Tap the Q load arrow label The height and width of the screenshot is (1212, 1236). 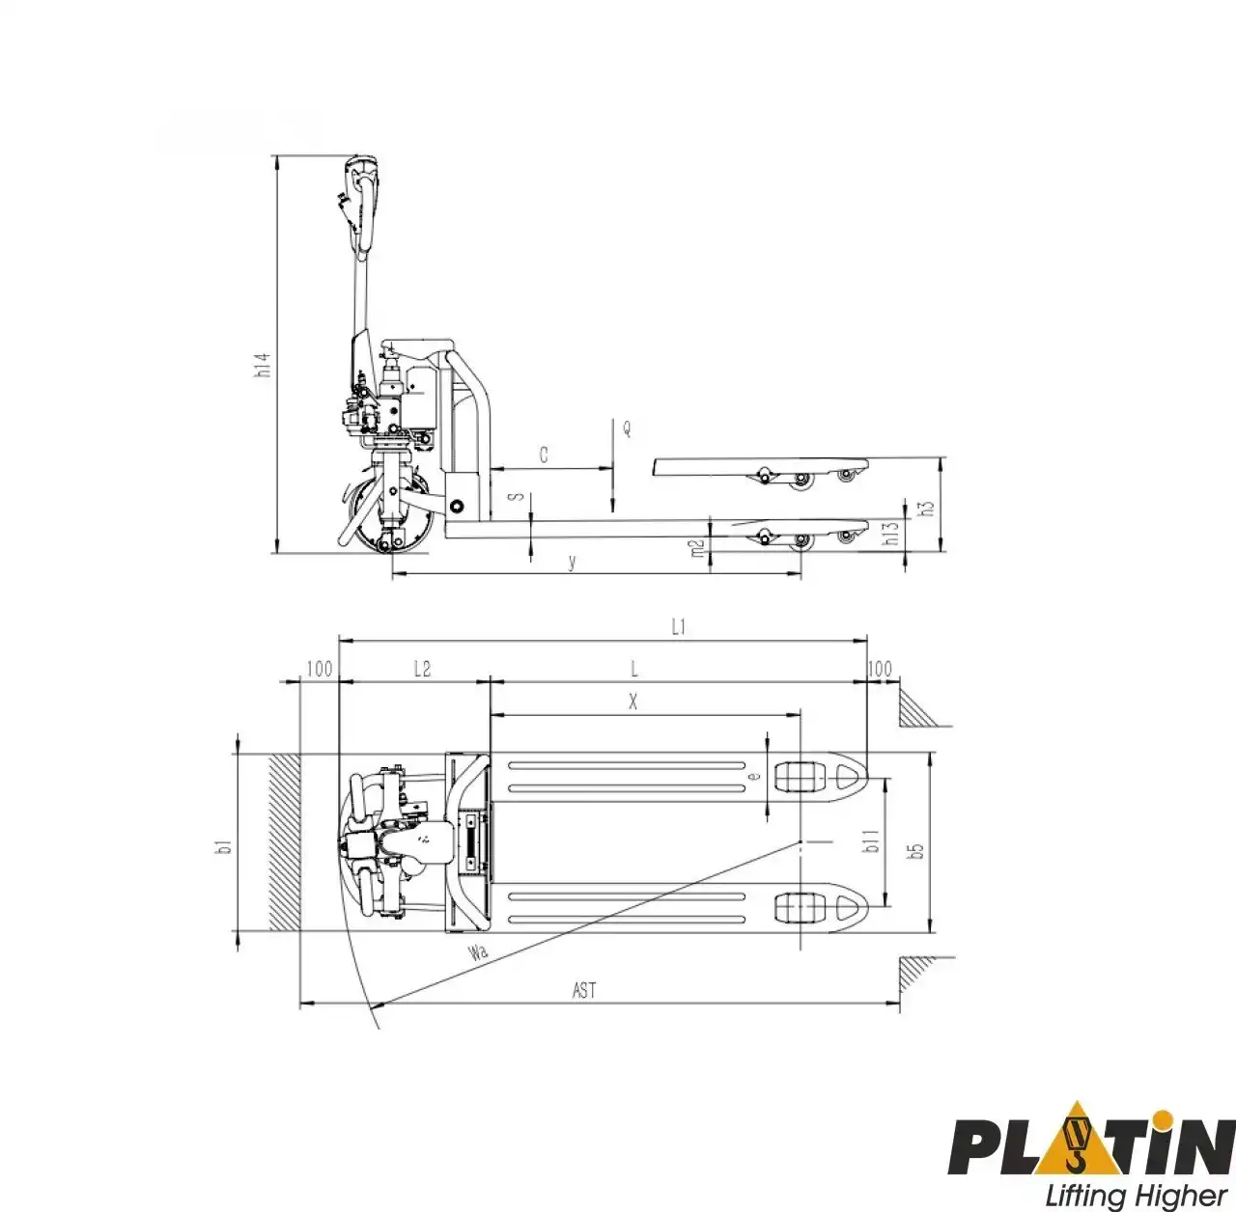click(x=627, y=428)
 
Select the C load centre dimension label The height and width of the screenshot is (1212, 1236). click(x=544, y=454)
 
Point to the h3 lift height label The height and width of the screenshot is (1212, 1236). click(x=927, y=508)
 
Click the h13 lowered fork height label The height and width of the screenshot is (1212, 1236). click(x=892, y=534)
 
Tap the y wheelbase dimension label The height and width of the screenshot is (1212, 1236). click(x=573, y=562)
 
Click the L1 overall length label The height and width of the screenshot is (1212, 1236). click(x=679, y=627)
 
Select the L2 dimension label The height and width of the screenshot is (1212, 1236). click(x=422, y=669)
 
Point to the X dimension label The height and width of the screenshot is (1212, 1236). click(x=633, y=702)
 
